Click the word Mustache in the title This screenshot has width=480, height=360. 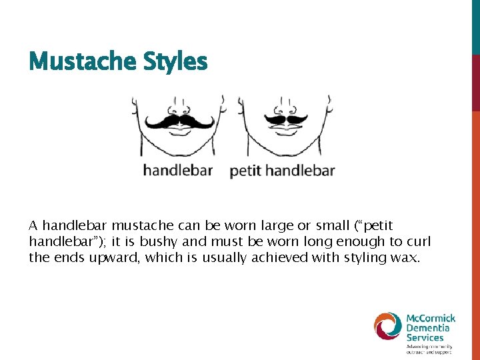pos(73,62)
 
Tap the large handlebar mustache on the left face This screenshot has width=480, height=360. pos(179,121)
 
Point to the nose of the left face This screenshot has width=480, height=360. pos(179,109)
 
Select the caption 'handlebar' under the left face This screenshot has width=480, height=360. pos(177,171)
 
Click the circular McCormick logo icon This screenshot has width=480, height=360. pos(388,327)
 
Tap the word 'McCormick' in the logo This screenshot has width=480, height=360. pos(431,318)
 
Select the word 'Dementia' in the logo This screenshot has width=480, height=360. pos(429,328)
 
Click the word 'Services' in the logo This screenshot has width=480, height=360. pos(425,337)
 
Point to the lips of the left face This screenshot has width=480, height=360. pos(179,131)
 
